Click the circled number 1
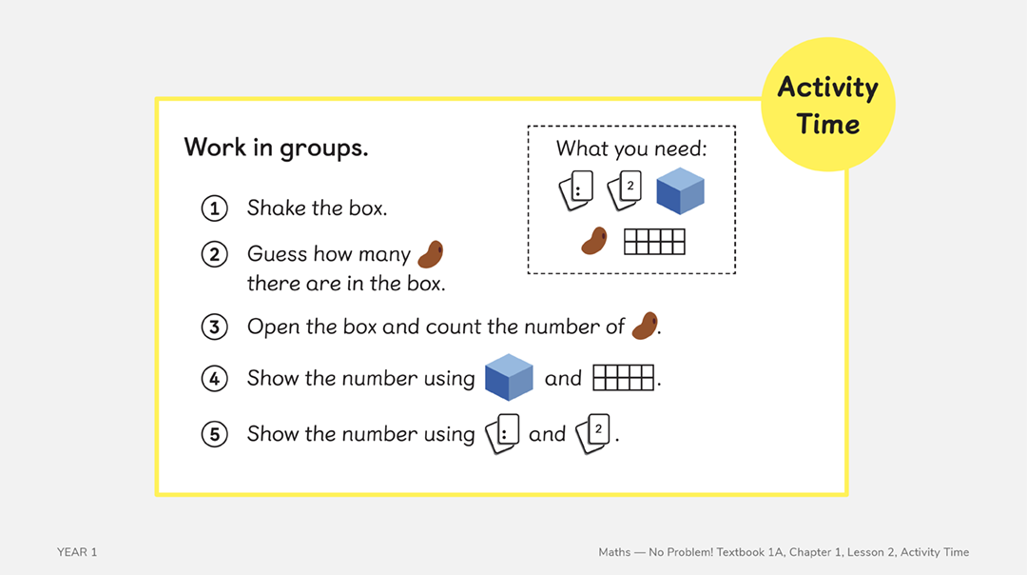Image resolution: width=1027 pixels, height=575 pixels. [x=215, y=208]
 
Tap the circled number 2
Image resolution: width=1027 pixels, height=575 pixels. [x=215, y=254]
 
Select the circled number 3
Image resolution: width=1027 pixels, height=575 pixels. [x=215, y=327]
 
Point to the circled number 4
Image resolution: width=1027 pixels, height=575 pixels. [x=215, y=379]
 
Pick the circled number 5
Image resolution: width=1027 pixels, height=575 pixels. [x=215, y=434]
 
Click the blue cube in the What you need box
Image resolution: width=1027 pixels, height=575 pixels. [x=680, y=190]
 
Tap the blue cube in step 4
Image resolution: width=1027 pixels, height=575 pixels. [x=509, y=377]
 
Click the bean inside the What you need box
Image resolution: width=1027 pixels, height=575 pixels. [x=594, y=241]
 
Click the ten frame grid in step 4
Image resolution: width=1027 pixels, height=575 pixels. [x=624, y=378]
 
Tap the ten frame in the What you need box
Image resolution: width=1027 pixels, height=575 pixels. [x=654, y=242]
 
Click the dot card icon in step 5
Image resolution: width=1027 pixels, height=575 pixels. [x=503, y=434]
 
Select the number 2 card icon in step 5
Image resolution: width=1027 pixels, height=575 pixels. [x=594, y=434]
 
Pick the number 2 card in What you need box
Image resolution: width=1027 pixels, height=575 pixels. [x=625, y=190]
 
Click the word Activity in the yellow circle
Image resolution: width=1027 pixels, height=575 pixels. [x=827, y=88]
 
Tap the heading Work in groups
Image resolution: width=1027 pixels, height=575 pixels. [x=276, y=148]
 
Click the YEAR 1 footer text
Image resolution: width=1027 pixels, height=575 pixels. [x=77, y=552]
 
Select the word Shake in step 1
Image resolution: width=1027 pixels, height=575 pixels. [x=271, y=208]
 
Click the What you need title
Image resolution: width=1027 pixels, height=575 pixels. [x=631, y=149]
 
